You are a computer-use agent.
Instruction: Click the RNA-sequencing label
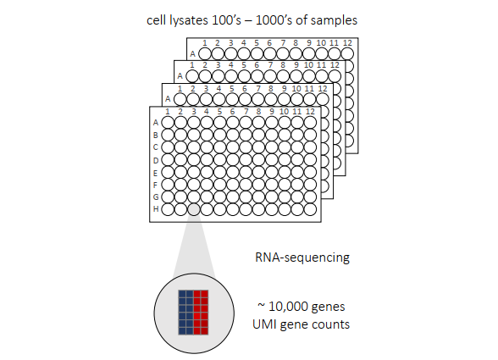coord(302,258)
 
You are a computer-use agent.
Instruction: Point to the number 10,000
coord(288,307)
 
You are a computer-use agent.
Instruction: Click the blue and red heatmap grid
coord(193,313)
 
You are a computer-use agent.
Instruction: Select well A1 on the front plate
coord(168,123)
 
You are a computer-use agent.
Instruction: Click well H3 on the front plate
coord(194,209)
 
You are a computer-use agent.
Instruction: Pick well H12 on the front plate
coord(310,209)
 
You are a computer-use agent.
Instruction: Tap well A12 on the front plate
coord(310,123)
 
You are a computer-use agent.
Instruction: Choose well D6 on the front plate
coord(232,160)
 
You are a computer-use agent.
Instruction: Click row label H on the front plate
coord(156,209)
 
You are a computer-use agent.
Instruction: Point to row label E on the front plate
coord(155,173)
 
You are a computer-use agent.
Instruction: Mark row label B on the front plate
coord(155,136)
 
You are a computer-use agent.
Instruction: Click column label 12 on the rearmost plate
coord(348,43)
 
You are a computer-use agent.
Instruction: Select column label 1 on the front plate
coord(168,112)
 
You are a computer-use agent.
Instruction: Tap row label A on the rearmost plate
coord(193,54)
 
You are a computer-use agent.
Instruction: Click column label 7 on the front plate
coord(246,112)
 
